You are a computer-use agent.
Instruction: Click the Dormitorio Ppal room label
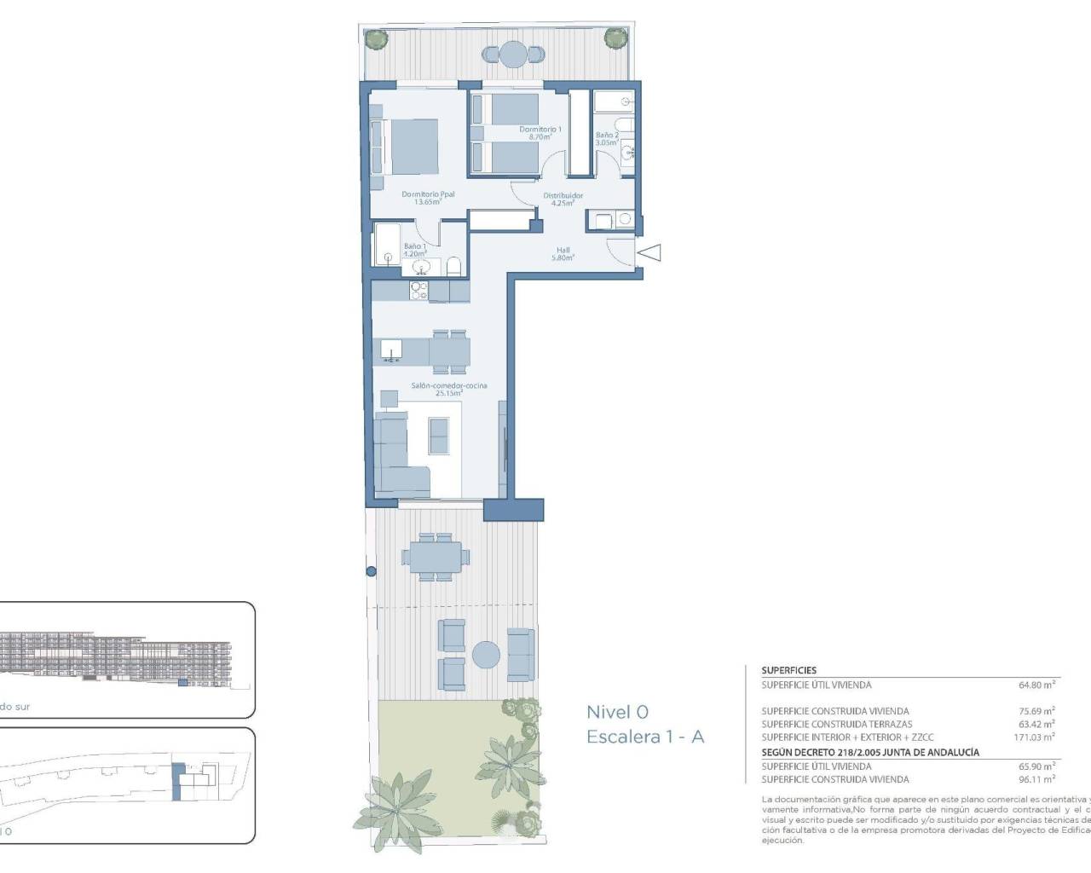(x=428, y=198)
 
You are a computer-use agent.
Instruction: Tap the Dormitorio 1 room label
(x=540, y=132)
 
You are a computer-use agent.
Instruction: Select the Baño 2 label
(x=607, y=138)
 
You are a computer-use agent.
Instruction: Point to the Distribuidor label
(x=563, y=199)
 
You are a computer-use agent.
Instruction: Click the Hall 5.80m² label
(x=563, y=253)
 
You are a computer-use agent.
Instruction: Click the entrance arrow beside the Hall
(x=649, y=252)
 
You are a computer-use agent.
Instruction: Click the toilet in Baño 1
(x=453, y=266)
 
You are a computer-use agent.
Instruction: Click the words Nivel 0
(x=617, y=712)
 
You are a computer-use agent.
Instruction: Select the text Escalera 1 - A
(x=645, y=737)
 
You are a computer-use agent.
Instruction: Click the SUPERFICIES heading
(x=788, y=671)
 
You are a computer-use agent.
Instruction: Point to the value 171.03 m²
(x=1034, y=737)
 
